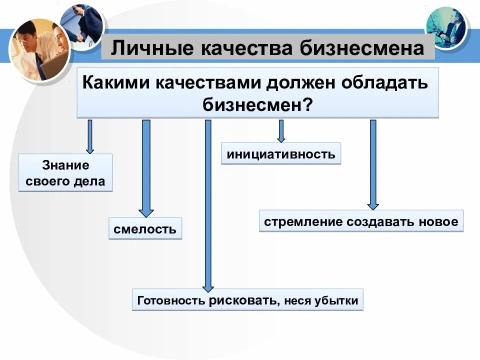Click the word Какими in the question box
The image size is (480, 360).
pyautogui.click(x=116, y=82)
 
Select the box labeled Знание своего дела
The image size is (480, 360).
pyautogui.click(x=65, y=172)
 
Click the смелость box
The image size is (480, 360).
pyautogui.click(x=145, y=229)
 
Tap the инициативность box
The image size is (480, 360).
pyautogui.click(x=281, y=153)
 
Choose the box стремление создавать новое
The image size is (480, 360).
pyautogui.click(x=361, y=221)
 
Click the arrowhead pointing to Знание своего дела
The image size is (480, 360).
pyautogui.click(x=90, y=149)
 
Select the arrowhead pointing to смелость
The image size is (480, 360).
pyautogui.click(x=146, y=210)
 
